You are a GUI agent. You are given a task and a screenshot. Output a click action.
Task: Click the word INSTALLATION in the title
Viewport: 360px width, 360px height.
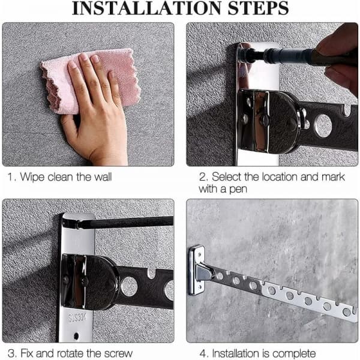coord(147,8)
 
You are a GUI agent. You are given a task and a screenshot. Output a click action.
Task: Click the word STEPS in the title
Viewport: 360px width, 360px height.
coord(258,8)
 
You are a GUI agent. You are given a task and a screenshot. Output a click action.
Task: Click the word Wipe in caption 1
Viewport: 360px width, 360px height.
coord(32,177)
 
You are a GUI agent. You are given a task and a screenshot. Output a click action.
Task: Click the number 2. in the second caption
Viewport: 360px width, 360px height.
coord(203,177)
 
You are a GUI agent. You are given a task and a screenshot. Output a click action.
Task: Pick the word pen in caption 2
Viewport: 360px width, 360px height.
coord(238,190)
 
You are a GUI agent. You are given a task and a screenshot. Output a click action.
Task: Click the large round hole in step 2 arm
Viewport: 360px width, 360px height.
coord(323,126)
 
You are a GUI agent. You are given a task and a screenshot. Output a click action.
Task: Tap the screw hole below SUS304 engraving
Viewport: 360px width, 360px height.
coord(76,336)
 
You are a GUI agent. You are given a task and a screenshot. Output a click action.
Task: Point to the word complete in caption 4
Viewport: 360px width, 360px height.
coord(294,354)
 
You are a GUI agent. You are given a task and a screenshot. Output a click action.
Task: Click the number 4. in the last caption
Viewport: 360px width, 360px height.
coord(204,353)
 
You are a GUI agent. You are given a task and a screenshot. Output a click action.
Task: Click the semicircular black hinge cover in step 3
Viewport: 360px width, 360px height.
coord(102,283)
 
